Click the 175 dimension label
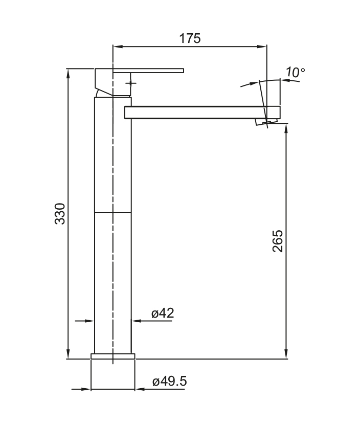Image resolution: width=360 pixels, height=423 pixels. pos(190,38)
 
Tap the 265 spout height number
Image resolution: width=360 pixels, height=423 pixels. pos(278,241)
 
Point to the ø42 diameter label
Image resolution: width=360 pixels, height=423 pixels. pos(163,313)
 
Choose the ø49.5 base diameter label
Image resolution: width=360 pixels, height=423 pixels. pos(170,382)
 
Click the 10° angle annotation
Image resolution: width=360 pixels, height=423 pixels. pos(296,72)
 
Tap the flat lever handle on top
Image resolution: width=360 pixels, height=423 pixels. pos(148,71)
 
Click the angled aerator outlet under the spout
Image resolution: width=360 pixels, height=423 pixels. pos(266,122)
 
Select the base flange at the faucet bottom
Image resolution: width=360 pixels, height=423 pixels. pos(112,356)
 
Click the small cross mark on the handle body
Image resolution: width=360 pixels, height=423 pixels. pos(131,83)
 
